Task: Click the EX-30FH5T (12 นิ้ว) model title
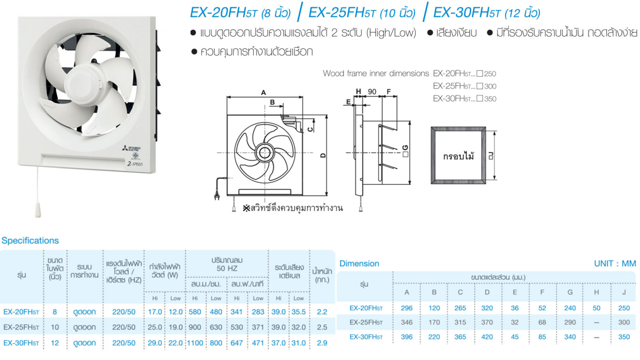(486, 12)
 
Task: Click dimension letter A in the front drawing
(263, 92)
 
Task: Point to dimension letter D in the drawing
(323, 155)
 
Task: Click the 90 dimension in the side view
(371, 91)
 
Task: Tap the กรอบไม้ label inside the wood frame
(458, 156)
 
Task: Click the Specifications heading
(30, 240)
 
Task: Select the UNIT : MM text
(614, 263)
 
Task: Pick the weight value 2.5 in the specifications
(322, 327)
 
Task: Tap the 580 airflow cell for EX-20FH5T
(195, 311)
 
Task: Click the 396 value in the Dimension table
(407, 337)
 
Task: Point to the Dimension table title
(359, 263)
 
